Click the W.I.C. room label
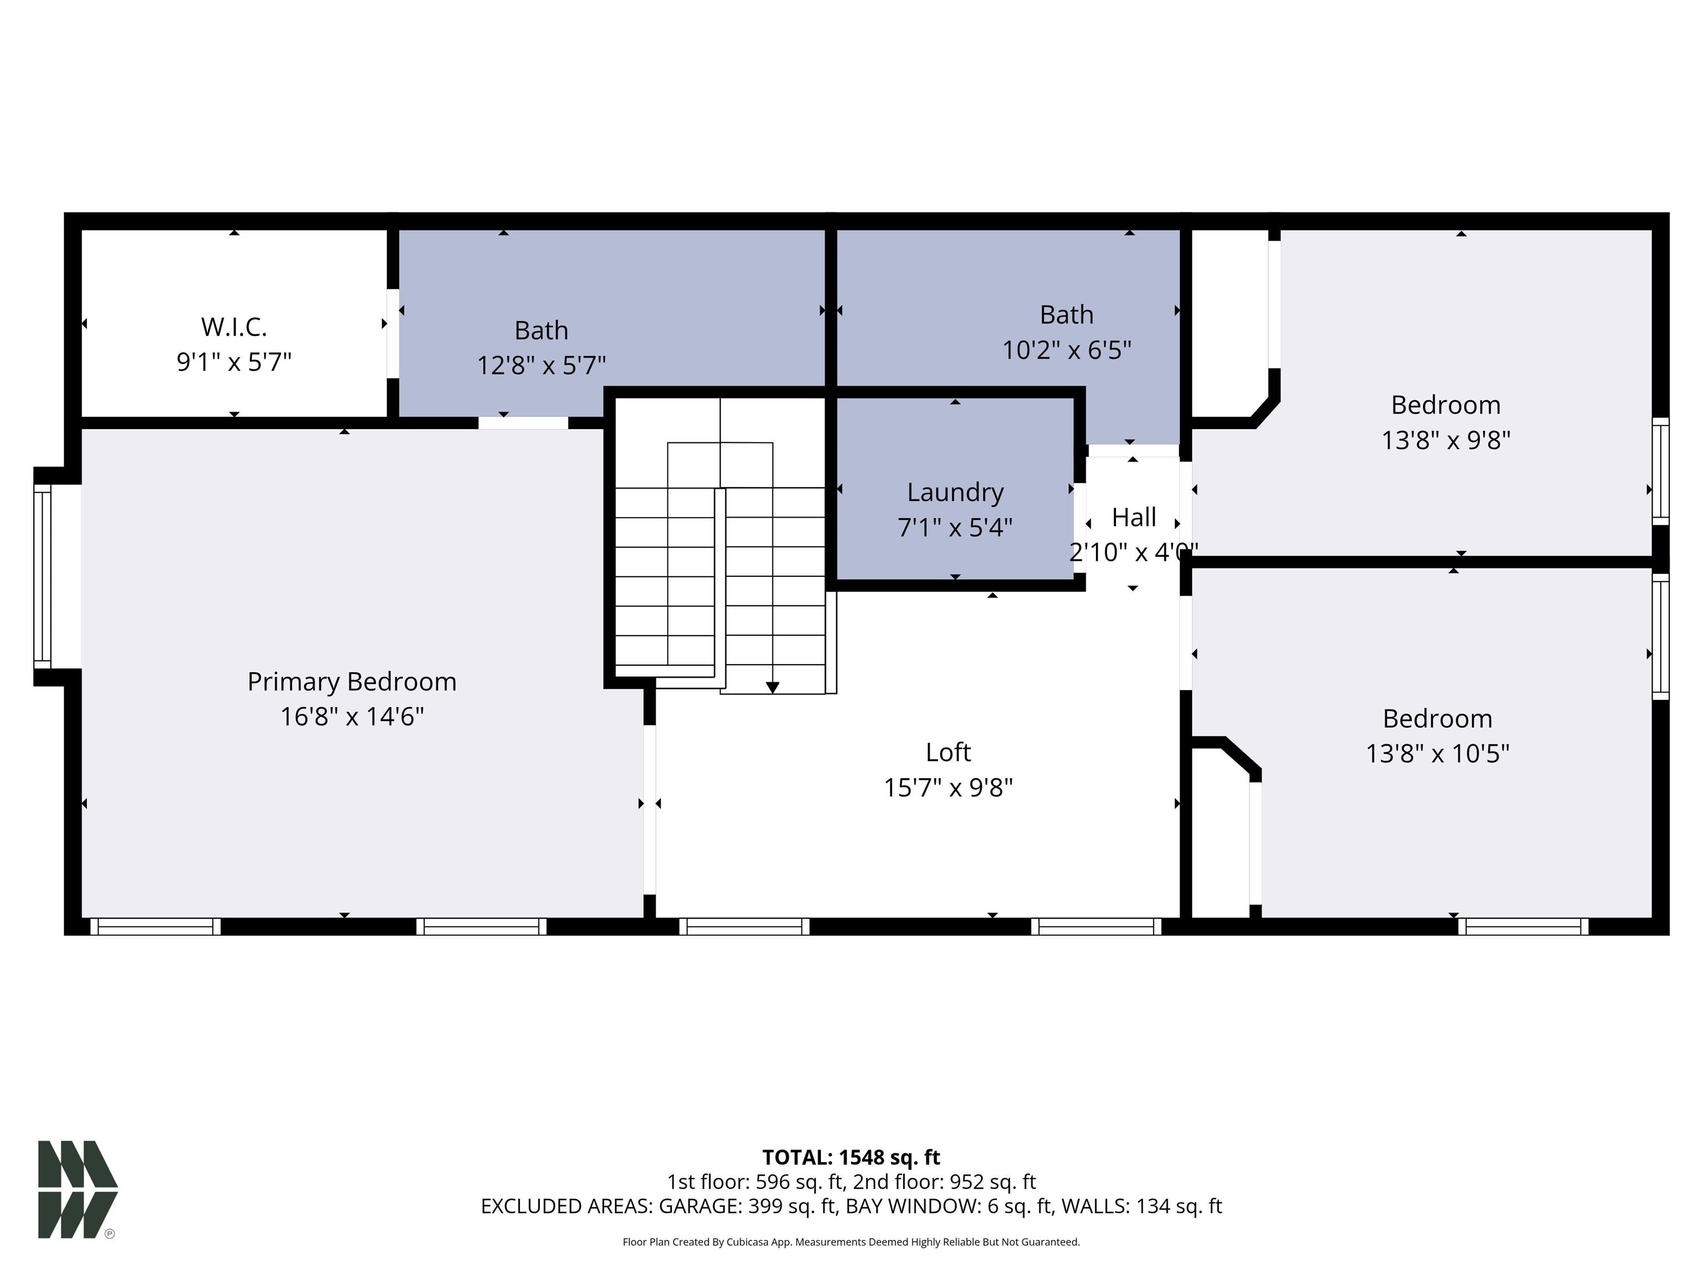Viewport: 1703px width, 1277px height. (234, 327)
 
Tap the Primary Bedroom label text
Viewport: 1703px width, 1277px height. (352, 682)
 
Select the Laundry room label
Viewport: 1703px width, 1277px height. (955, 493)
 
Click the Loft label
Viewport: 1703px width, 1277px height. (949, 752)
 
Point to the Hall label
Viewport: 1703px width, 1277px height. (1134, 517)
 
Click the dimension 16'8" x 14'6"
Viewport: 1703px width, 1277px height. (352, 717)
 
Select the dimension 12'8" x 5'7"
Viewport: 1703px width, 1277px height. (541, 365)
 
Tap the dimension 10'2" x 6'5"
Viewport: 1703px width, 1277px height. (1066, 350)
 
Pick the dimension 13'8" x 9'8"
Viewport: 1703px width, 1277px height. (1446, 440)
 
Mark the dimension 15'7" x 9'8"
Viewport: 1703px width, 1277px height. (949, 788)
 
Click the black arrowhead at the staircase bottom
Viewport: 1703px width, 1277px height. (772, 687)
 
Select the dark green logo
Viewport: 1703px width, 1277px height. (78, 1189)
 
